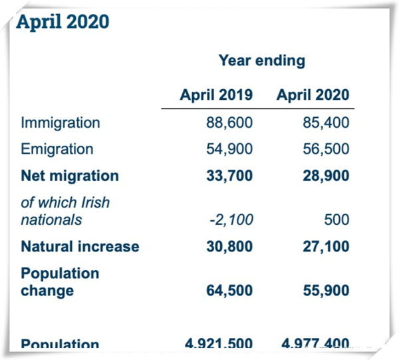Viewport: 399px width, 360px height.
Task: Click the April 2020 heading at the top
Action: point(63,21)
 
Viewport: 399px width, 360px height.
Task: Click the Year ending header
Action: point(261,61)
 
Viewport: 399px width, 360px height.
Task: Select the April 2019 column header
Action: point(216,94)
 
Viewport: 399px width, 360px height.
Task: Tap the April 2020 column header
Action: point(313,94)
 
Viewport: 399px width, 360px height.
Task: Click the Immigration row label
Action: point(61,122)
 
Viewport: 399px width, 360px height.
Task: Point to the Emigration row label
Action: point(57,149)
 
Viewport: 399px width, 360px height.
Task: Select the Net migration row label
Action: point(70,176)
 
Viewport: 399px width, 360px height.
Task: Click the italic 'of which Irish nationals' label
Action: point(65,211)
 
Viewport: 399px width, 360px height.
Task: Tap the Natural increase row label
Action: point(80,246)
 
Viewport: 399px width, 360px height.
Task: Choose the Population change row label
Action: point(60,282)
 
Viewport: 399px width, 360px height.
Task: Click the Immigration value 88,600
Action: point(229,122)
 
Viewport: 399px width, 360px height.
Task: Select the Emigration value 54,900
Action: point(229,149)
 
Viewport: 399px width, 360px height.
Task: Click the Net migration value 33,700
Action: point(229,176)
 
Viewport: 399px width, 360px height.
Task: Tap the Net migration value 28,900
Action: point(325,176)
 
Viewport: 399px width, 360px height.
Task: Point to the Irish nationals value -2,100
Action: point(231,220)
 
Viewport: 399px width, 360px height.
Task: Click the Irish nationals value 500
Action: point(337,220)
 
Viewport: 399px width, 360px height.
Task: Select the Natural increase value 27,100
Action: point(325,246)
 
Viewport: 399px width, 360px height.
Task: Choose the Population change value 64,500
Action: point(229,291)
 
